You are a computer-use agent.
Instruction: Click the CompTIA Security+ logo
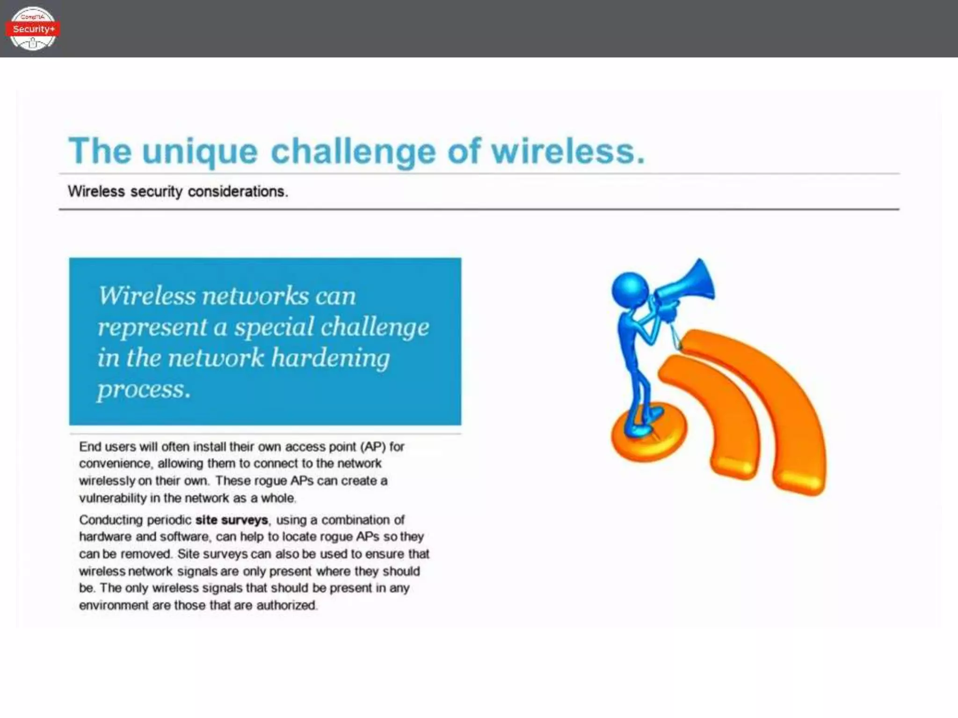(33, 29)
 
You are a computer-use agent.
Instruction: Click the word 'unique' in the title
(200, 151)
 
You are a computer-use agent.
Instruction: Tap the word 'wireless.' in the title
(568, 151)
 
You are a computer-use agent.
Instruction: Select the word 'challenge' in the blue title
(353, 151)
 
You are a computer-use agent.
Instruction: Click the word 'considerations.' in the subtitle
(238, 192)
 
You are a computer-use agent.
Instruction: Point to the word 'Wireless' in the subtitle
(96, 192)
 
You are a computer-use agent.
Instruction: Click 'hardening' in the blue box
(330, 359)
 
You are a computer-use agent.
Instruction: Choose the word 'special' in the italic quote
(274, 327)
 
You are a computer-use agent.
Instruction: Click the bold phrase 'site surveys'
(232, 520)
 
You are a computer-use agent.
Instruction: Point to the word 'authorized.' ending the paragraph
(287, 605)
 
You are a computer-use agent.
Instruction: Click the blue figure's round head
(630, 288)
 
